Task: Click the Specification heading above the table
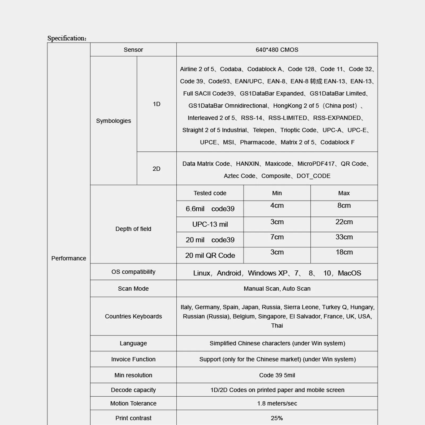pyautogui.click(x=67, y=38)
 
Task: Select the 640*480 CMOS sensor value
pyautogui.click(x=277, y=50)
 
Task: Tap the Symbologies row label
pyautogui.click(x=113, y=121)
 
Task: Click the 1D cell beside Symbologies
pyautogui.click(x=156, y=104)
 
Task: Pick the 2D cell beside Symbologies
pyautogui.click(x=156, y=169)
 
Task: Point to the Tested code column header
pyautogui.click(x=210, y=193)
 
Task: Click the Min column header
pyautogui.click(x=277, y=193)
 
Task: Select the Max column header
pyautogui.click(x=344, y=193)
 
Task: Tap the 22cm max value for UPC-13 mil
pyautogui.click(x=344, y=222)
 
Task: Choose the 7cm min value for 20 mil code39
pyautogui.click(x=277, y=237)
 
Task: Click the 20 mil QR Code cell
pyautogui.click(x=210, y=256)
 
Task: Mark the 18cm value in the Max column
pyautogui.click(x=344, y=252)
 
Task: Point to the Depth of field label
pyautogui.click(x=133, y=229)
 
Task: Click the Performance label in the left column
pyautogui.click(x=69, y=258)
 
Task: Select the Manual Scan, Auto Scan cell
pyautogui.click(x=277, y=288)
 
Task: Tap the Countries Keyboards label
pyautogui.click(x=133, y=316)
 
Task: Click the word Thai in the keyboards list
pyautogui.click(x=277, y=326)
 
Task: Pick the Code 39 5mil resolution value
pyautogui.click(x=277, y=375)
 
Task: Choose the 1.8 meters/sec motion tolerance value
pyautogui.click(x=277, y=403)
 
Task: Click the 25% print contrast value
pyautogui.click(x=277, y=418)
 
